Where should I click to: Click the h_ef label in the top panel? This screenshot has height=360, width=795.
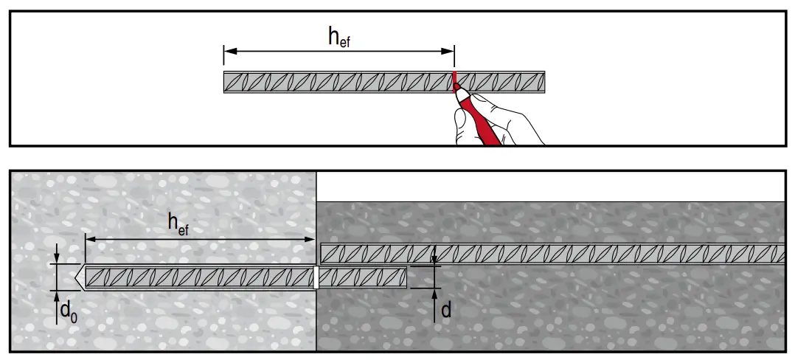pyautogui.click(x=339, y=39)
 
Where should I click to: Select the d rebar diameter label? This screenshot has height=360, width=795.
pyautogui.click(x=445, y=310)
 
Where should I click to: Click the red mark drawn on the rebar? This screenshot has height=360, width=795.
pyautogui.click(x=455, y=79)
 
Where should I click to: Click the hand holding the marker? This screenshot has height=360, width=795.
pyautogui.click(x=501, y=118)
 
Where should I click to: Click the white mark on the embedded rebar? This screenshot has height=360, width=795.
pyautogui.click(x=316, y=277)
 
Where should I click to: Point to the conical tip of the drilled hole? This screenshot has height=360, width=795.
pyautogui.click(x=79, y=277)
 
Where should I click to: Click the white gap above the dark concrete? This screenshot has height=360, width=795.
pyautogui.click(x=549, y=187)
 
